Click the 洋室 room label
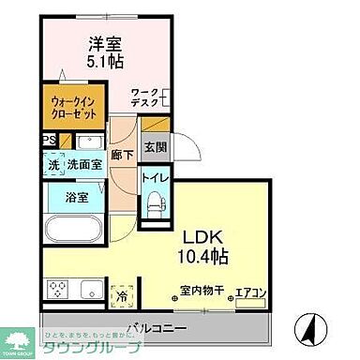pos(106,43)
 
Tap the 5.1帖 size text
pos(105,63)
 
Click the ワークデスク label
pos(145,97)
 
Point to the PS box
pos(47,142)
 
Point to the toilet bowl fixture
pos(156,205)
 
